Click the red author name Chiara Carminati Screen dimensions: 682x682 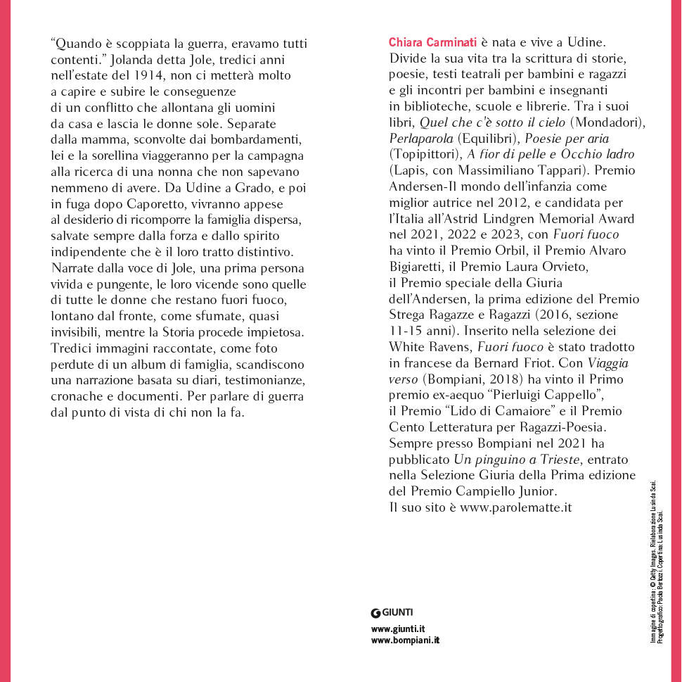tap(433, 42)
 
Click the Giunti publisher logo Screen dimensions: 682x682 tap(392, 612)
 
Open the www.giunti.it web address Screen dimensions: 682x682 tap(397, 628)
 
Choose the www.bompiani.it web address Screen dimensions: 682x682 tap(405, 640)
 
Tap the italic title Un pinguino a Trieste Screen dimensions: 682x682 tap(517, 460)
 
